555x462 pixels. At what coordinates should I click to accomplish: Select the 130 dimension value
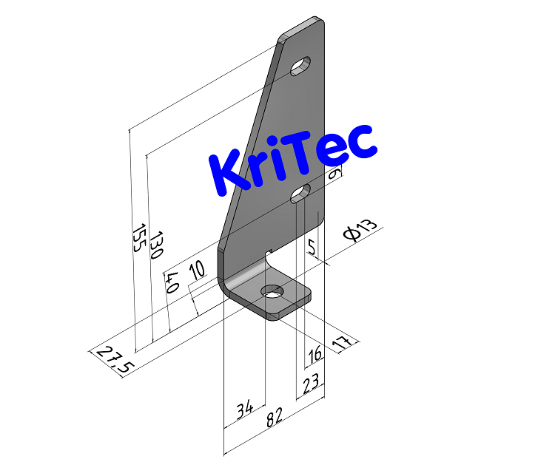(x=155, y=245)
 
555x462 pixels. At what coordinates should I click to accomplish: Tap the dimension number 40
(x=172, y=282)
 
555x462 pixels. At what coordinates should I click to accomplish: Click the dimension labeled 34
(x=245, y=409)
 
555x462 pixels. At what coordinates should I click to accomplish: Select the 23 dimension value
(x=311, y=384)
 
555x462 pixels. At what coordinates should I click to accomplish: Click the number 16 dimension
(x=315, y=355)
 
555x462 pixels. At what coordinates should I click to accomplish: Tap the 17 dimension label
(x=341, y=342)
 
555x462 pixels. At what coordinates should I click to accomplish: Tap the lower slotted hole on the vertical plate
(x=300, y=194)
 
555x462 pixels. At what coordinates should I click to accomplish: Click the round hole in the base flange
(x=273, y=292)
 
